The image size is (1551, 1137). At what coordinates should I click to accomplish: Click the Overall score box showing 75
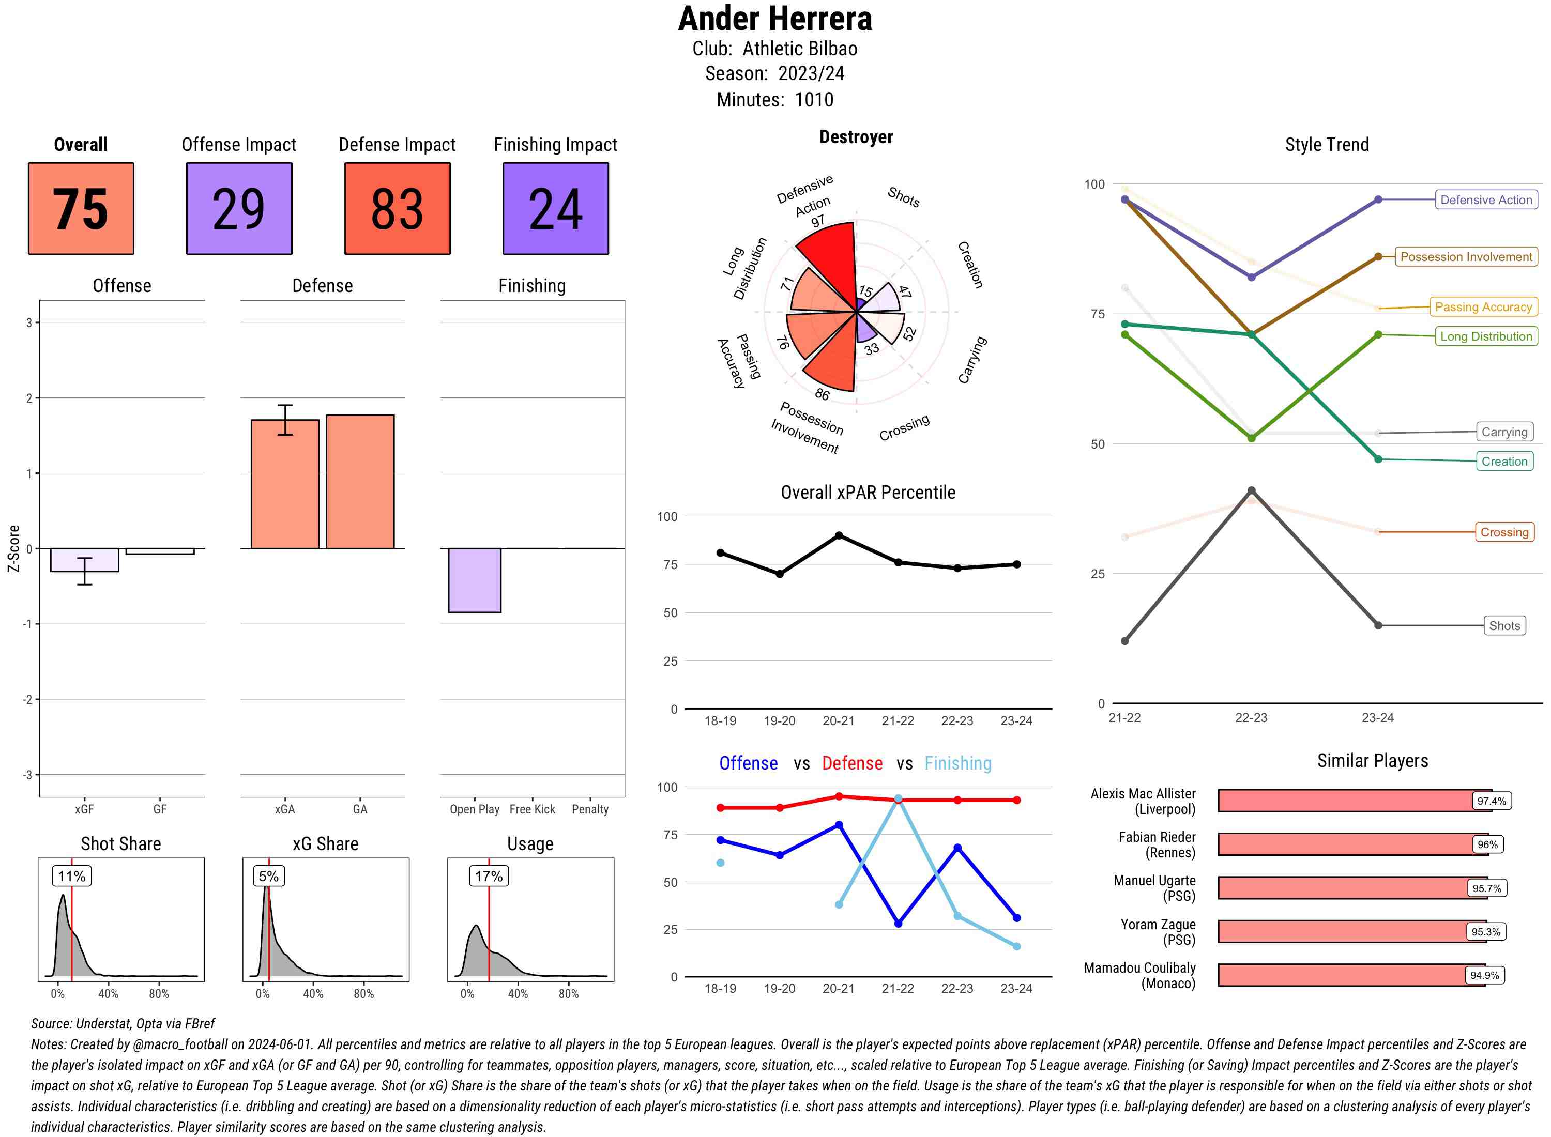tap(81, 209)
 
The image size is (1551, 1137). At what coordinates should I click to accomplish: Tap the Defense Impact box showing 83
tap(397, 209)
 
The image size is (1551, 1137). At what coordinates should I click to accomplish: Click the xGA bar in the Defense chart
tap(285, 484)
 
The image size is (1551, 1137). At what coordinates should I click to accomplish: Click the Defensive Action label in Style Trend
tap(1486, 199)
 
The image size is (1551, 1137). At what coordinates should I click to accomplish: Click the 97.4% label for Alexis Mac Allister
tap(1491, 801)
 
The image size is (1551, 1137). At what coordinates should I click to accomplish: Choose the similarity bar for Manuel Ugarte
tap(1343, 888)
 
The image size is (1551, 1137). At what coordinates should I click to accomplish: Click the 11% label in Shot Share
tap(71, 876)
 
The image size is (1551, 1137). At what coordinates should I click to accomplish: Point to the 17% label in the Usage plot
tap(488, 876)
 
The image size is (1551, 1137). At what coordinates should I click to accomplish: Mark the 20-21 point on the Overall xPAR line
tap(839, 535)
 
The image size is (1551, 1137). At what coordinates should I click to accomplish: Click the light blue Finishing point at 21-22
tap(898, 799)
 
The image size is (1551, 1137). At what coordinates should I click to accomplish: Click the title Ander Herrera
tap(775, 19)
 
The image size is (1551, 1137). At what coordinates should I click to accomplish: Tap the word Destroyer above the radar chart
tap(856, 137)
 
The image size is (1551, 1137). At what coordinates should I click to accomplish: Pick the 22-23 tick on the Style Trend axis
tap(1251, 718)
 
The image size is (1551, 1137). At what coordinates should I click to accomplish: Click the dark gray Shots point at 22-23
tap(1252, 491)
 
